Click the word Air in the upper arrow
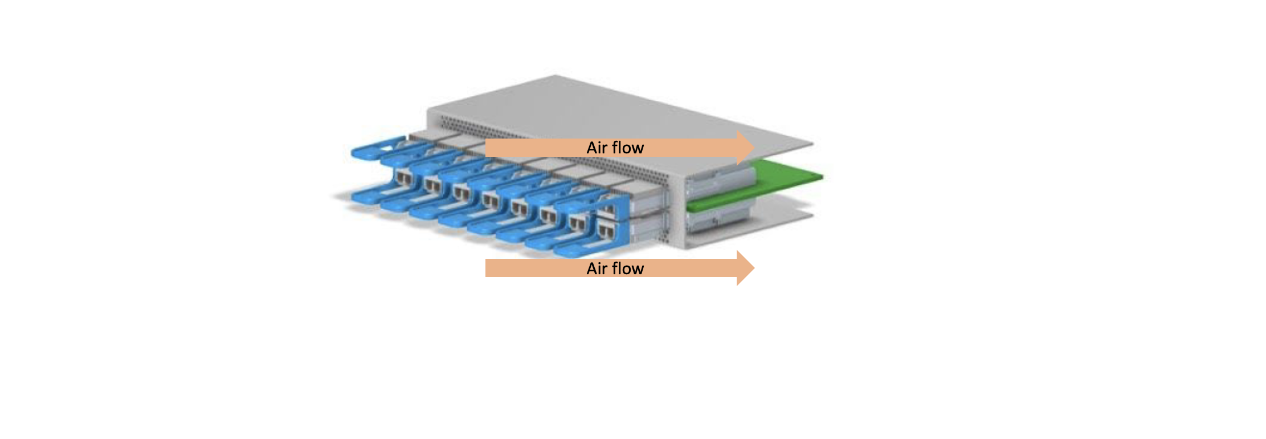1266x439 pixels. pos(597,148)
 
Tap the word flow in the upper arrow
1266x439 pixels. pos(628,148)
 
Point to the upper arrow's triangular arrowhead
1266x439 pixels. pos(745,148)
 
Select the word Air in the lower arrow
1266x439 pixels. pos(597,269)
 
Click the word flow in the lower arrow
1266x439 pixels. pos(628,269)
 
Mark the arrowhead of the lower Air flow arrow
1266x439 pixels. pos(745,268)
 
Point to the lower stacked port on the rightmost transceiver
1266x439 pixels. pos(606,231)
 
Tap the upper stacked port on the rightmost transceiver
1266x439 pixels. pos(607,209)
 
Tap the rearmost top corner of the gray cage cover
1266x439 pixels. pos(556,76)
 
